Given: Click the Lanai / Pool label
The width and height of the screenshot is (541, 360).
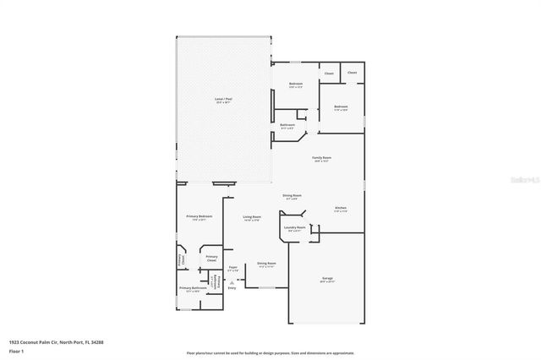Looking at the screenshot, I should tap(224, 101).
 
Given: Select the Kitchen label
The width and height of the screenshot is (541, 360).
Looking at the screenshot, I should tap(340, 208).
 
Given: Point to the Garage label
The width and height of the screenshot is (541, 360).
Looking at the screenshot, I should tap(326, 279).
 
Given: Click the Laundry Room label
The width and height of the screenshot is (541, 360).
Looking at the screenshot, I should tap(294, 227).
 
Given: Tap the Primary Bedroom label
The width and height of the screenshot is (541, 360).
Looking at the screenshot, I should tap(199, 216).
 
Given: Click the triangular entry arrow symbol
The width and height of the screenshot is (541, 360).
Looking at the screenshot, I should tap(232, 282).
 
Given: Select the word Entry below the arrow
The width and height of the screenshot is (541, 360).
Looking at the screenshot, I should tap(232, 289).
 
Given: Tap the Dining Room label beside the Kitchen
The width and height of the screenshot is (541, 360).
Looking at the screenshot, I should tap(292, 195).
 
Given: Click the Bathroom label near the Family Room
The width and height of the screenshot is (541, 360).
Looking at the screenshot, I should tap(287, 125).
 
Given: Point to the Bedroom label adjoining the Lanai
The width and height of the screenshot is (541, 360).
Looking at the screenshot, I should tap(296, 84).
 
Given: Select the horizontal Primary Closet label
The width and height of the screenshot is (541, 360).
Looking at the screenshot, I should tap(211, 258).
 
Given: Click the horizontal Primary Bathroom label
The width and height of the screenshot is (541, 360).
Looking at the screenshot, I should tap(193, 289).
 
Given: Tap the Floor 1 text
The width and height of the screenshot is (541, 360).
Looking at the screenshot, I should tap(16, 351).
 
